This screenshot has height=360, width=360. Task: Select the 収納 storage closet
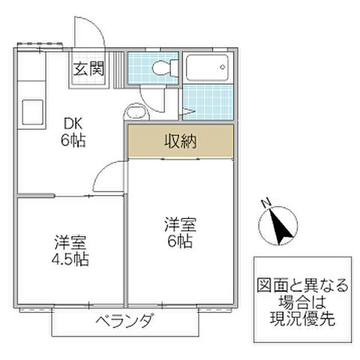point(180,142)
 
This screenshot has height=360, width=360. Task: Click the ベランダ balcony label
point(125,322)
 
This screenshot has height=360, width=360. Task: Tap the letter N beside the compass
point(265,202)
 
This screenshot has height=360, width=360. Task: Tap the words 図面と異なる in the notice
point(300,285)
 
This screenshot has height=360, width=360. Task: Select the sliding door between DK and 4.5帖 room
point(71,196)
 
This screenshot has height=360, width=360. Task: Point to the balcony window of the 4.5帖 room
point(71,307)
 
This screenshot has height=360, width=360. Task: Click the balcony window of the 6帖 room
point(180,307)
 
